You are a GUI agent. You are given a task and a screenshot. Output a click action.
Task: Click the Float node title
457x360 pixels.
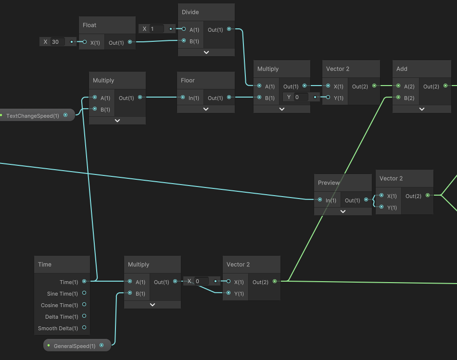click(89, 25)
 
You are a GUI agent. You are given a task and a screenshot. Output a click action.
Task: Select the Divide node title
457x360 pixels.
click(190, 12)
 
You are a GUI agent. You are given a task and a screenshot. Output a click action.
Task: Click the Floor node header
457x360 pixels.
click(188, 80)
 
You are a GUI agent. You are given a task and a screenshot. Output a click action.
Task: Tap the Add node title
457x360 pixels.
click(402, 69)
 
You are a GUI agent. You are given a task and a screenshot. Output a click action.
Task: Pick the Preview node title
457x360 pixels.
click(329, 183)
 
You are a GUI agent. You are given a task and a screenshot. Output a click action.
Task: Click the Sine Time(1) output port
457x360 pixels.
click(84, 293)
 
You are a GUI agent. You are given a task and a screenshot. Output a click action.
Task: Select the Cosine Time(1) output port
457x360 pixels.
click(84, 305)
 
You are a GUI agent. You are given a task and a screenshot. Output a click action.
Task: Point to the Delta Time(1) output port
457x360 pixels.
click(84, 316)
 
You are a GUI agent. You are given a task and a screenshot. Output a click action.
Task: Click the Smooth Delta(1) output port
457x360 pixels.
click(84, 328)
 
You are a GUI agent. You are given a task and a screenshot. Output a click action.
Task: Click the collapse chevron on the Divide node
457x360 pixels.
click(206, 52)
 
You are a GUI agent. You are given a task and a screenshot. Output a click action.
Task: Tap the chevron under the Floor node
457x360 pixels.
click(206, 109)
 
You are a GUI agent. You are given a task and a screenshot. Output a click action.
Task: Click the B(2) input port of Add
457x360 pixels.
click(398, 98)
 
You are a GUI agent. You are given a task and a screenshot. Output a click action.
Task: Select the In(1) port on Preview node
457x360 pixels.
click(319, 199)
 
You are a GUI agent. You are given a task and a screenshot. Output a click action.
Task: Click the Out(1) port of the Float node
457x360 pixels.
click(129, 42)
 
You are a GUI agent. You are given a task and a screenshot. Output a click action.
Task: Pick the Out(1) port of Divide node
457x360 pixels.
click(228, 29)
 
